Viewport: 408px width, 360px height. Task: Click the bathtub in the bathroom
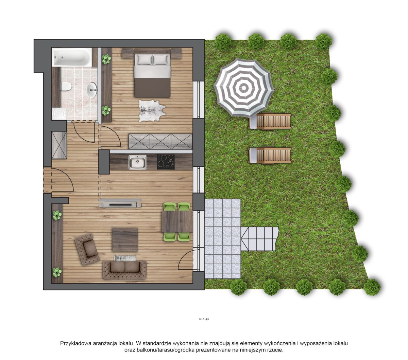pyautogui.click(x=72, y=57)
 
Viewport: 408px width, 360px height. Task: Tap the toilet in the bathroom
pyautogui.click(x=66, y=87)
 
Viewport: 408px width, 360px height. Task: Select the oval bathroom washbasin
pyautogui.click(x=92, y=90)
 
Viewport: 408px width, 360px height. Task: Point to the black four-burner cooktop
pyautogui.click(x=166, y=162)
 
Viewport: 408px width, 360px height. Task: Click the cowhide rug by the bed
pyautogui.click(x=152, y=111)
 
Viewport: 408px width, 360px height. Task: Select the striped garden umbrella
pyautogui.click(x=244, y=88)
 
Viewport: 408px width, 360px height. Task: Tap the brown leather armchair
pyautogui.click(x=87, y=249)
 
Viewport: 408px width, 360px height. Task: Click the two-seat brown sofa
pyautogui.click(x=125, y=270)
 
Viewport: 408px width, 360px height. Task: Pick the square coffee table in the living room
pyautogui.click(x=125, y=239)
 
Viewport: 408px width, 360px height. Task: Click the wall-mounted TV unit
pyautogui.click(x=120, y=203)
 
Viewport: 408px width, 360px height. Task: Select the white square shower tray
pyautogui.click(x=59, y=114)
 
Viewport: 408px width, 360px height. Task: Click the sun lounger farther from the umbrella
pyautogui.click(x=269, y=155)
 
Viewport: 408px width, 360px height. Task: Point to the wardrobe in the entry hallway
pyautogui.click(x=59, y=145)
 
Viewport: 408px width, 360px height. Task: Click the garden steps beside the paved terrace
pyautogui.click(x=260, y=239)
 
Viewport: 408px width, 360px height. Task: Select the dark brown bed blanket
pyautogui.click(x=152, y=88)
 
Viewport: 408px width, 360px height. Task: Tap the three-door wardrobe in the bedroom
pyautogui.click(x=160, y=142)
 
